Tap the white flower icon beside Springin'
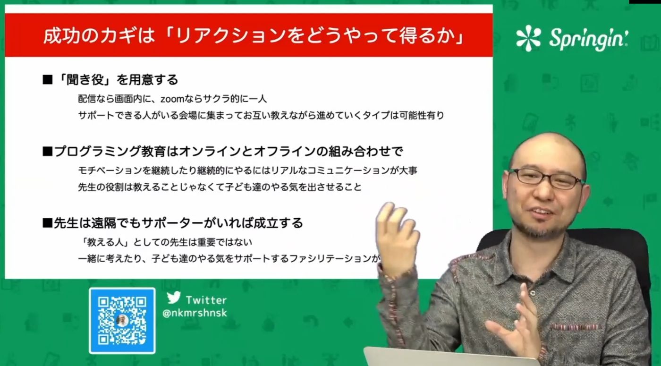coord(528,38)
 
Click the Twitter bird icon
coord(174,297)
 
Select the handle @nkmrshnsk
coord(195,313)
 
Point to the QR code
coord(122,321)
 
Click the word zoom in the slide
coord(172,99)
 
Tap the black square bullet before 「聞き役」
coord(48,80)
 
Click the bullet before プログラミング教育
coord(48,152)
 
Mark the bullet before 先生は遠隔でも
coord(48,223)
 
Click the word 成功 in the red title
coord(58,36)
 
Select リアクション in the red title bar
coord(231,36)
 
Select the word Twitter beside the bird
coord(206,300)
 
